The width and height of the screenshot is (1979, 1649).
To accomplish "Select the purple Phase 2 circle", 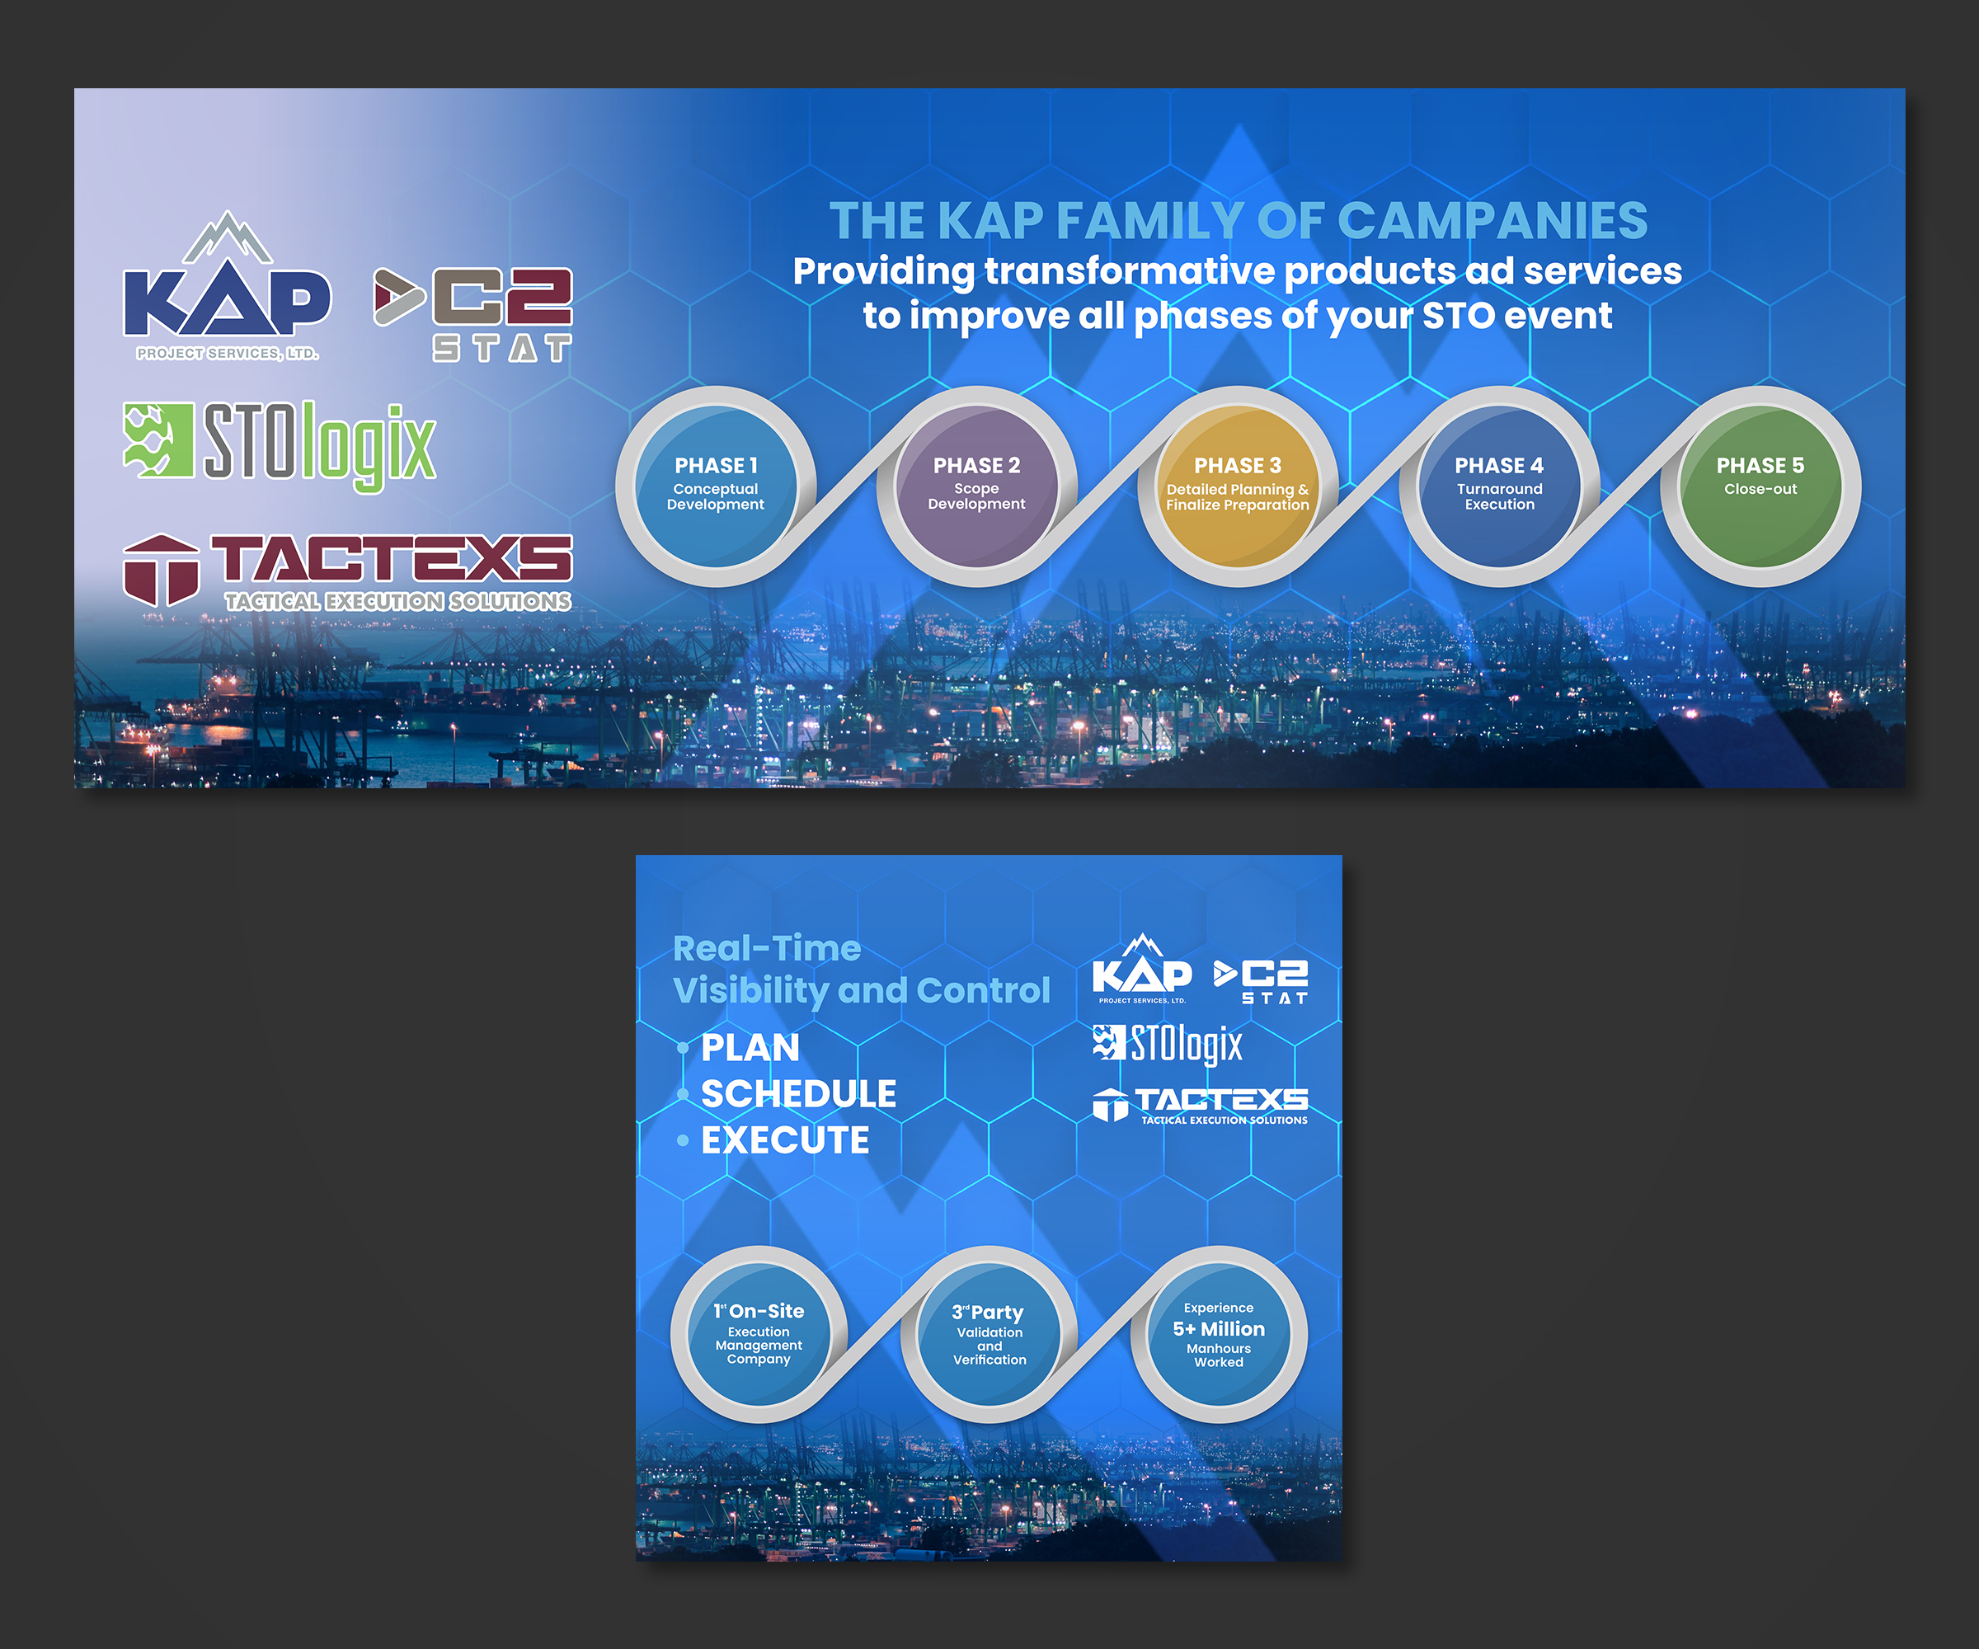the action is click(976, 486).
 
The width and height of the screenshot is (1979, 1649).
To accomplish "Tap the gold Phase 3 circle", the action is click(1238, 486).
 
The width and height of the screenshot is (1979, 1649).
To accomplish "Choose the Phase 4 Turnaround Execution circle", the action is click(1499, 486).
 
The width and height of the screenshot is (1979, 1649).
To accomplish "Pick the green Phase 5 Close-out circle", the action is click(1760, 486).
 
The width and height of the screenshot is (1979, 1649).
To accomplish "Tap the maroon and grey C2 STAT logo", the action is click(473, 315).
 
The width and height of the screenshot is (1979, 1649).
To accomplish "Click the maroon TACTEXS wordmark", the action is click(391, 559).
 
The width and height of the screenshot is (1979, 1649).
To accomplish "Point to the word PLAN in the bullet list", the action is click(750, 1048).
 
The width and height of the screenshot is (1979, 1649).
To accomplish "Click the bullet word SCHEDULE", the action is click(799, 1094).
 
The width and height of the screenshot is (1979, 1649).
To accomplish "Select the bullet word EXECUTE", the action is click(785, 1140).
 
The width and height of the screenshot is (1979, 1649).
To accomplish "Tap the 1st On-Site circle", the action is click(759, 1334).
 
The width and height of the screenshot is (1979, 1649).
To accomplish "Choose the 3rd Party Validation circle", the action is click(989, 1334).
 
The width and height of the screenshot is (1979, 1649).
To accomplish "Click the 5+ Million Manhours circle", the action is click(1219, 1334).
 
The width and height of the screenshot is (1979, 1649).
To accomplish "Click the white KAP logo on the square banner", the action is click(1142, 969).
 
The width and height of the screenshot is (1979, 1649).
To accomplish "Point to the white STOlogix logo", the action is click(1168, 1044).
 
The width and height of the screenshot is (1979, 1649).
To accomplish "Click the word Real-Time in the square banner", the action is click(767, 949).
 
